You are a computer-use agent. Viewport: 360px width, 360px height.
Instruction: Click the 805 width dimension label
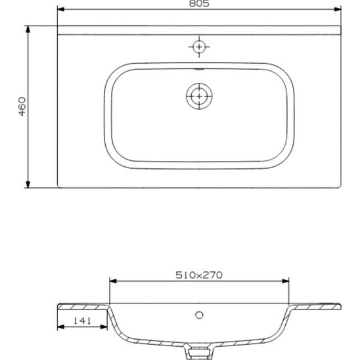(x=199, y=3)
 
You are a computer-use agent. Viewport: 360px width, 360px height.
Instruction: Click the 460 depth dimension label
(x=22, y=106)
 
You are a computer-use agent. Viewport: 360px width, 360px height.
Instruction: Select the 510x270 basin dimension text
(x=199, y=275)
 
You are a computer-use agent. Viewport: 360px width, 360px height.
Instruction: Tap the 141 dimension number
(x=82, y=321)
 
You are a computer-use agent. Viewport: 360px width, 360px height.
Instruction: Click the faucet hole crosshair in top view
(x=199, y=47)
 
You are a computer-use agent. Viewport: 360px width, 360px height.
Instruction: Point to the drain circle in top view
(x=199, y=96)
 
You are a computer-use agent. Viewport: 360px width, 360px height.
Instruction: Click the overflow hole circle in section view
(x=199, y=315)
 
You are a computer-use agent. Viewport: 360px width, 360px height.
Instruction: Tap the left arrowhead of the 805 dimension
(x=60, y=9)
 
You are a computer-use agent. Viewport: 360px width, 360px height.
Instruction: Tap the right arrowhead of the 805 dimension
(x=338, y=9)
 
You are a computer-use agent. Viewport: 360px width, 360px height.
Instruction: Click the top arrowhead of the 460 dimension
(x=28, y=30)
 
